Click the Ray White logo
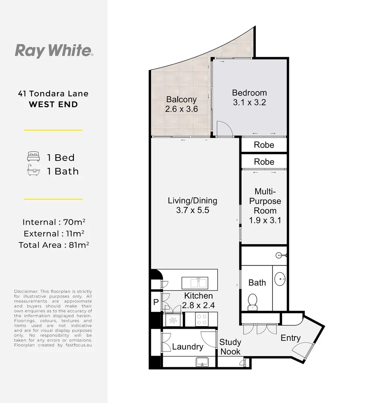pyautogui.click(x=54, y=50)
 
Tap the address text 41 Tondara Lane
pyautogui.click(x=53, y=94)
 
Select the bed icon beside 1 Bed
pyautogui.click(x=33, y=156)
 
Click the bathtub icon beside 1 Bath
pyautogui.click(x=33, y=171)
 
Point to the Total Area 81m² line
pyautogui.click(x=53, y=245)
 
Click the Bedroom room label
pyautogui.click(x=249, y=93)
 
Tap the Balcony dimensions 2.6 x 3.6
pyautogui.click(x=181, y=109)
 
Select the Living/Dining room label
pyautogui.click(x=192, y=200)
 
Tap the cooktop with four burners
pyautogui.click(x=202, y=319)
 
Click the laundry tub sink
pyautogui.click(x=203, y=361)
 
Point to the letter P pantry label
pyautogui.click(x=155, y=302)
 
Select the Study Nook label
pyautogui.click(x=230, y=347)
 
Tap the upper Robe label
pyautogui.click(x=264, y=145)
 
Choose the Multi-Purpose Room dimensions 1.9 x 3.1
pyautogui.click(x=265, y=220)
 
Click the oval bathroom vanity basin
pyautogui.click(x=280, y=278)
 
